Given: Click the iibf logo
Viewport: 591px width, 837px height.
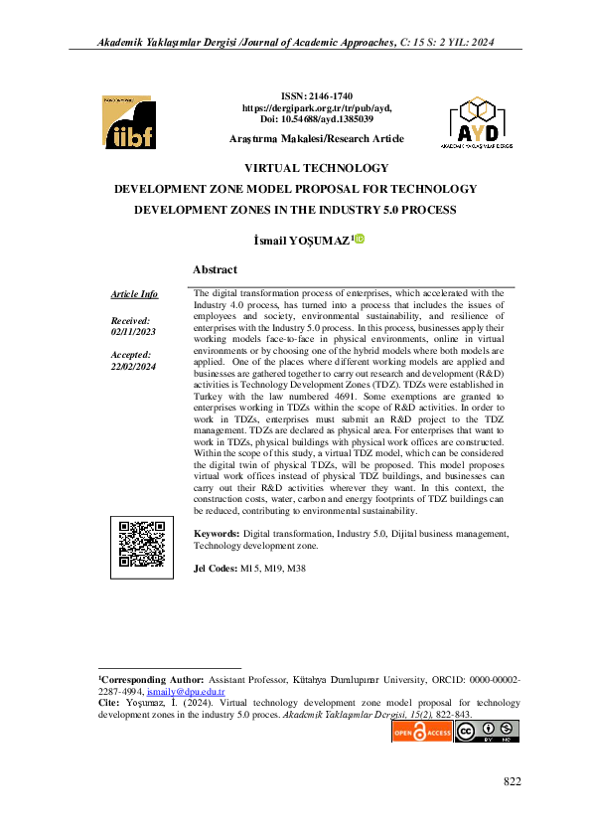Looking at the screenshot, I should [x=127, y=122].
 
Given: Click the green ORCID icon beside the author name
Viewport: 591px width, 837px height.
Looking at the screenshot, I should [x=360, y=238].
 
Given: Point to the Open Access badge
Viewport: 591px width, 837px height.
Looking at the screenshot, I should [x=422, y=733].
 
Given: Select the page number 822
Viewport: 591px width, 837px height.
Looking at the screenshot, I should [x=512, y=782].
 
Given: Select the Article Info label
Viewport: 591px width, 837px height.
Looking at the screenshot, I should [x=134, y=294].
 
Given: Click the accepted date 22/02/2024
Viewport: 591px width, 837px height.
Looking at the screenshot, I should [x=131, y=366].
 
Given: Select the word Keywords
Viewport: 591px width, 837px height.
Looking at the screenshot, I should [x=217, y=534].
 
